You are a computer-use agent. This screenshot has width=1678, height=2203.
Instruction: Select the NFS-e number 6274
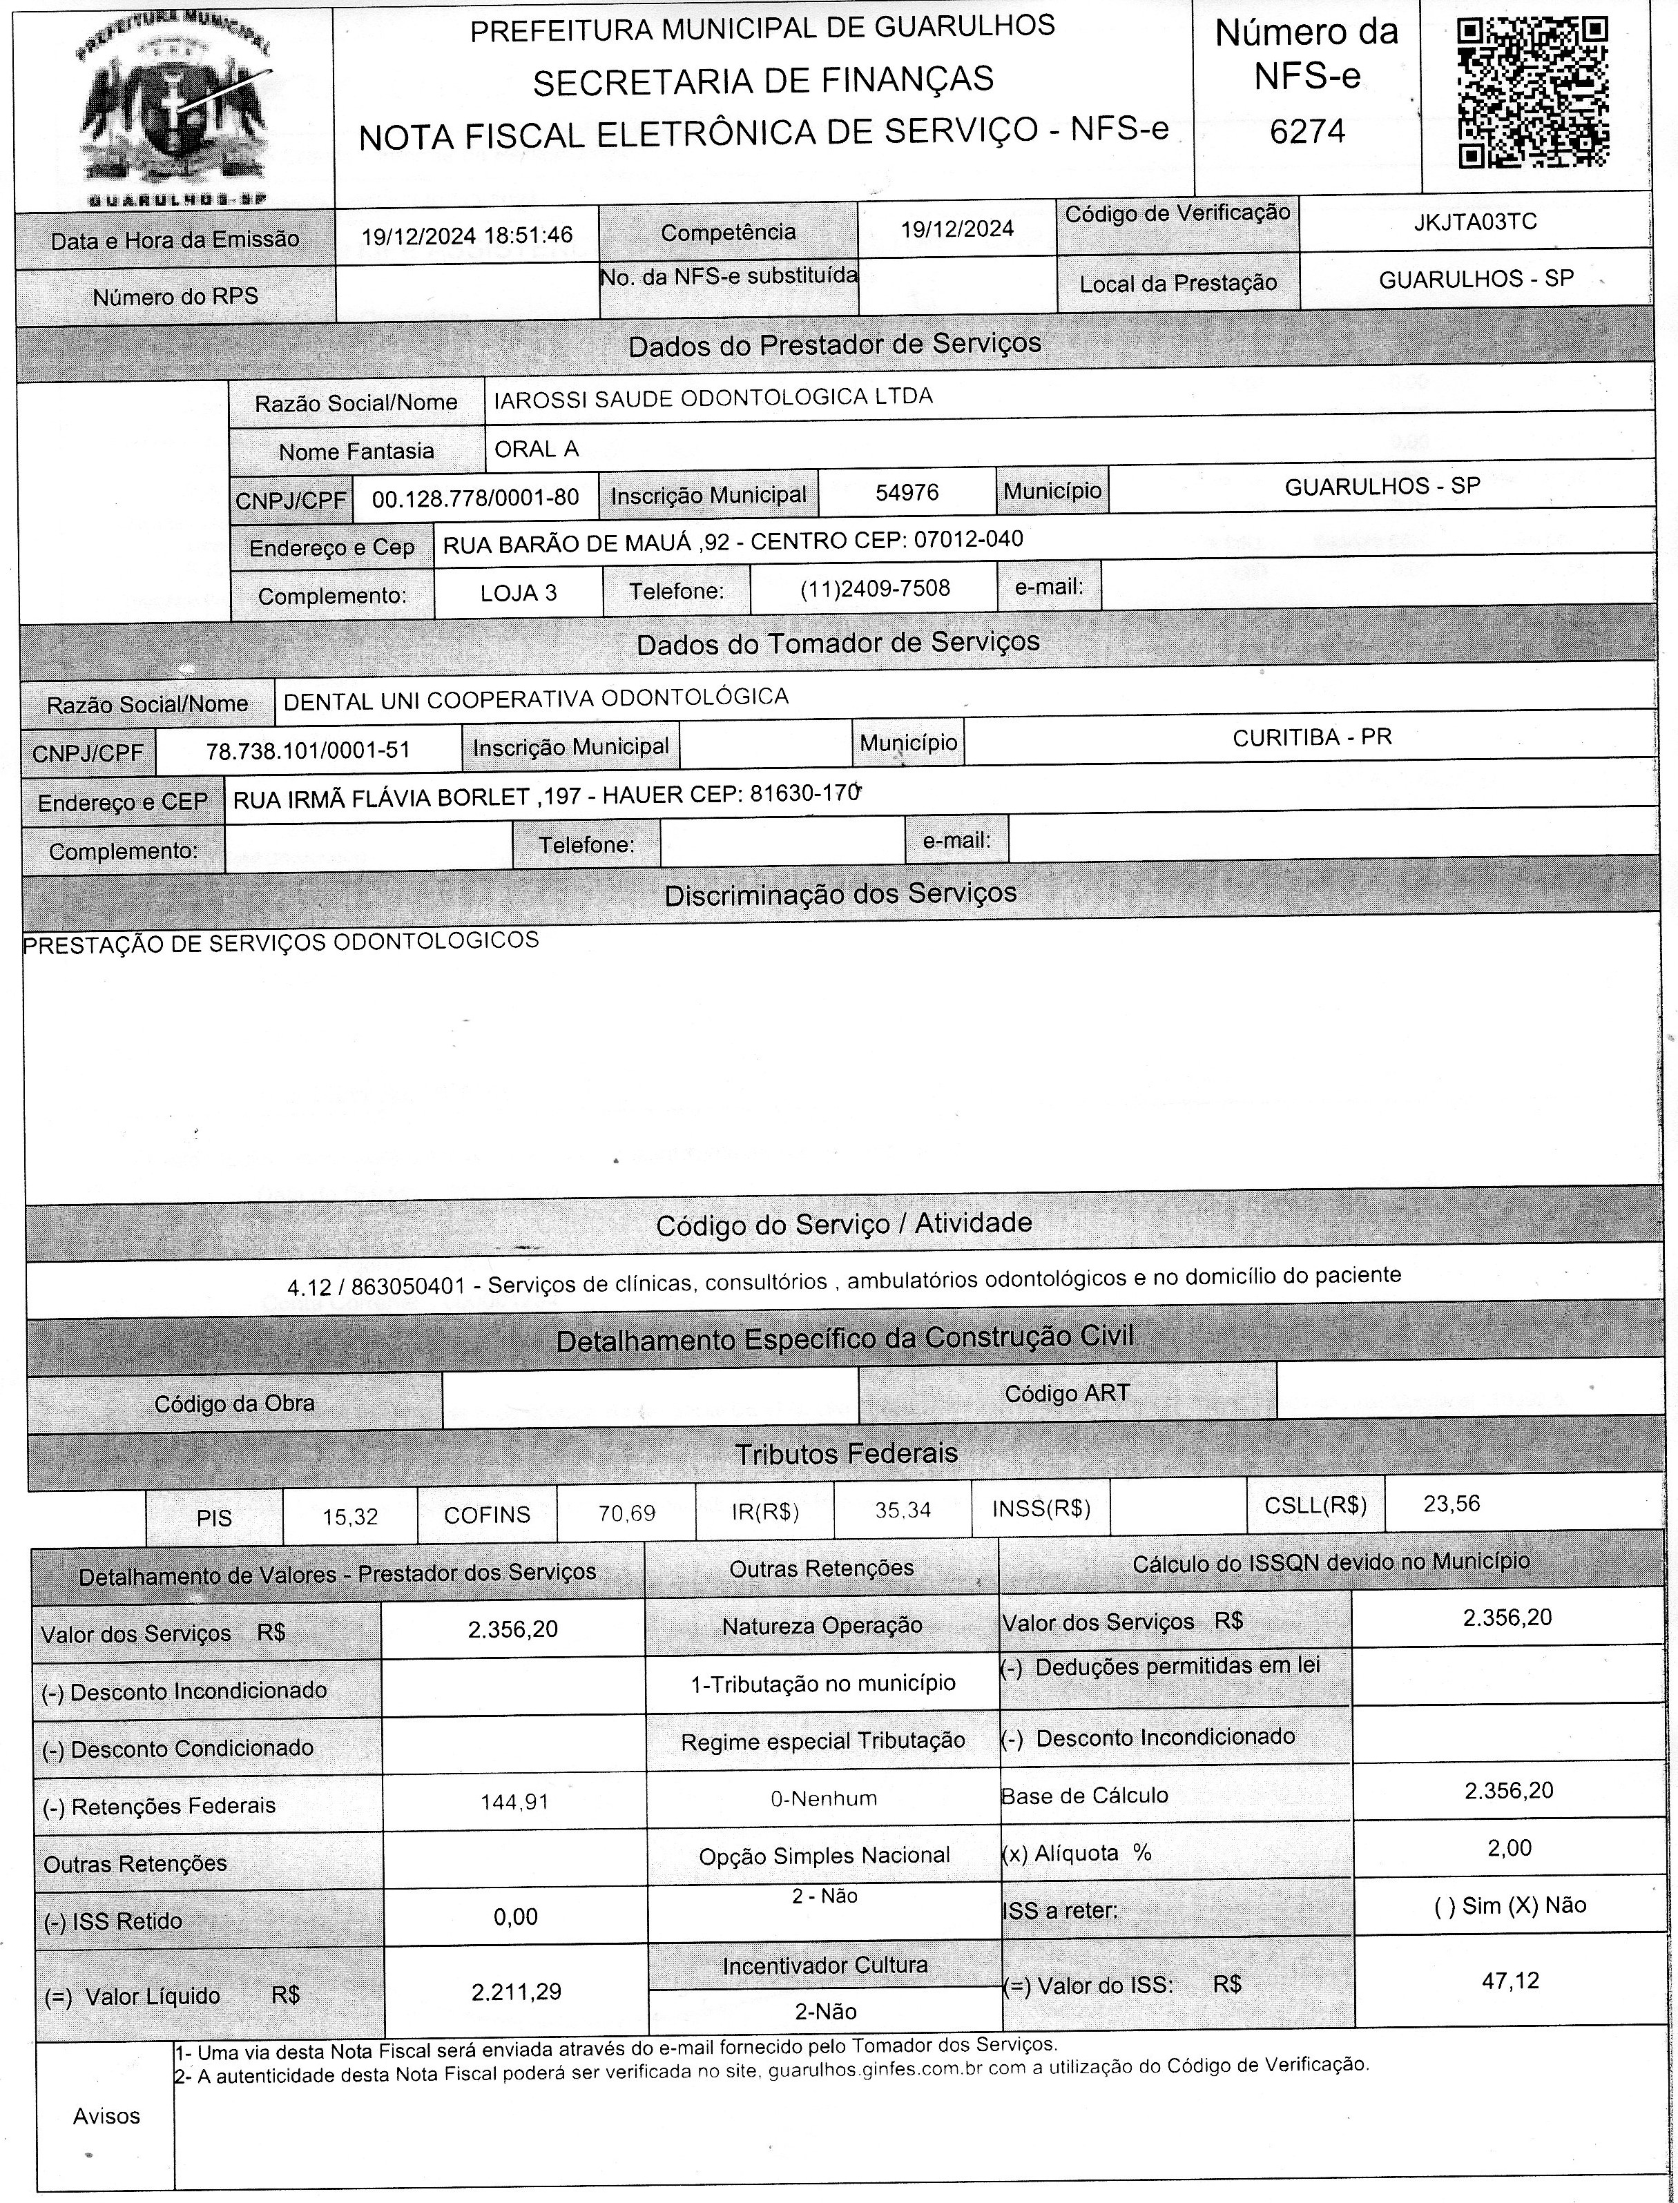point(1307,130)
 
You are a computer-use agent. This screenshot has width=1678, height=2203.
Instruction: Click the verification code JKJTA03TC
point(1474,222)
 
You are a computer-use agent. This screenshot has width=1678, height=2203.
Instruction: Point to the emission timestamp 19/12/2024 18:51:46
point(466,235)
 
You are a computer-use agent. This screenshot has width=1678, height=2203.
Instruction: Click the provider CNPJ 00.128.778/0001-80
point(474,498)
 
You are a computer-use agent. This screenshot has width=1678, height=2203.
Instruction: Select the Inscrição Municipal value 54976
point(906,492)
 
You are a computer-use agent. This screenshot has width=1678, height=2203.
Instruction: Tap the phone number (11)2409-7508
point(875,588)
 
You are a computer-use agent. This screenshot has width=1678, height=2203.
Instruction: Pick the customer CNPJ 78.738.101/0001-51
point(308,750)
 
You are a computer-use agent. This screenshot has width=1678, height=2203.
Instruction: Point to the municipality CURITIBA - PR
point(1311,738)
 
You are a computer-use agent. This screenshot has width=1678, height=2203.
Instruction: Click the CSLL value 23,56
point(1452,1504)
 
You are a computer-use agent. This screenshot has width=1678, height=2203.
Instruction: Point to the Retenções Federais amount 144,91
point(515,1803)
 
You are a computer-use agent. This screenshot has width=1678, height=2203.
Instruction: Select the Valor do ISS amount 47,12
point(1510,1979)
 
